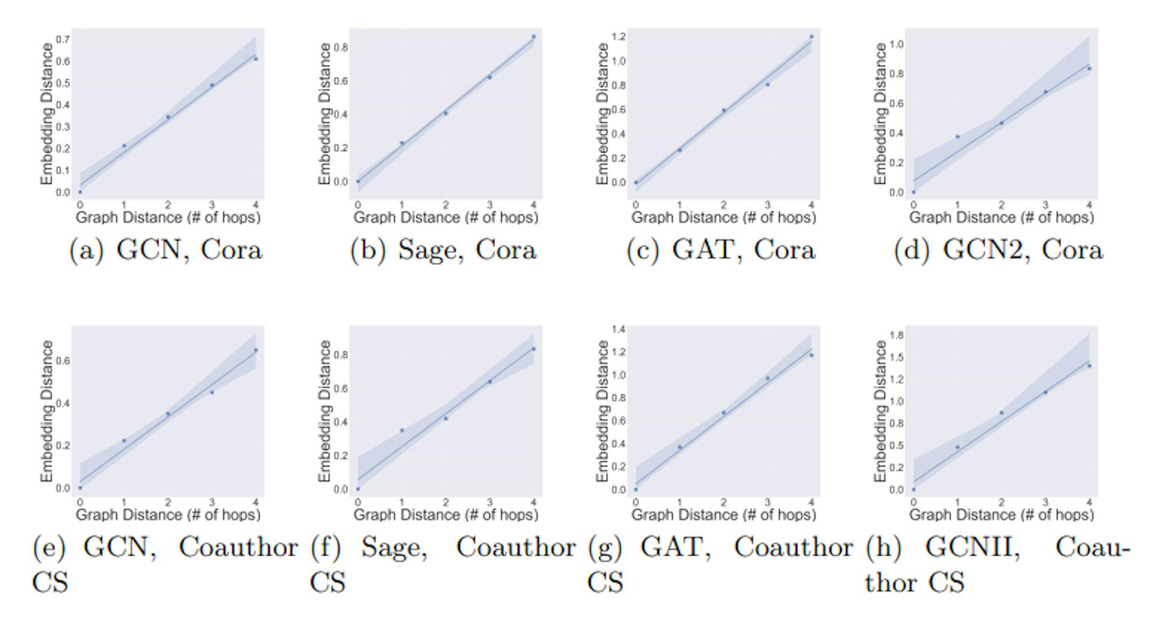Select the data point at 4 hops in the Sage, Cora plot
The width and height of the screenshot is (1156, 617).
533,37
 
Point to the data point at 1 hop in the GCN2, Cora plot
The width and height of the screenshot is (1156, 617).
957,137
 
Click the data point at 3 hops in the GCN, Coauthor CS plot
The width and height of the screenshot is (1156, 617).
212,392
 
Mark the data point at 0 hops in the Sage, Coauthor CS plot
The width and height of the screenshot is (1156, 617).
358,489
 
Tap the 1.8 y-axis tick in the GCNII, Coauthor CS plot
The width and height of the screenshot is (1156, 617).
896,335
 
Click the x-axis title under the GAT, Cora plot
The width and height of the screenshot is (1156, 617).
724,218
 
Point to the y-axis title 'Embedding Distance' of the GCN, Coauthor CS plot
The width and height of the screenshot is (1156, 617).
47,411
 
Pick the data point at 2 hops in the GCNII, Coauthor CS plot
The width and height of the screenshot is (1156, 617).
1002,413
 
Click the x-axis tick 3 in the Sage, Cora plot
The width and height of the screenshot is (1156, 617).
489,205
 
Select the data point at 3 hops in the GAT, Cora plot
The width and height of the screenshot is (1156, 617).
768,84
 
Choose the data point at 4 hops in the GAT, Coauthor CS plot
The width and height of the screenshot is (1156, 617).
812,355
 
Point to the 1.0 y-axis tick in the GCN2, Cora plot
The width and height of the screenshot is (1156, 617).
896,45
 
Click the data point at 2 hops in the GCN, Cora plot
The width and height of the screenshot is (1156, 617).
168,117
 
